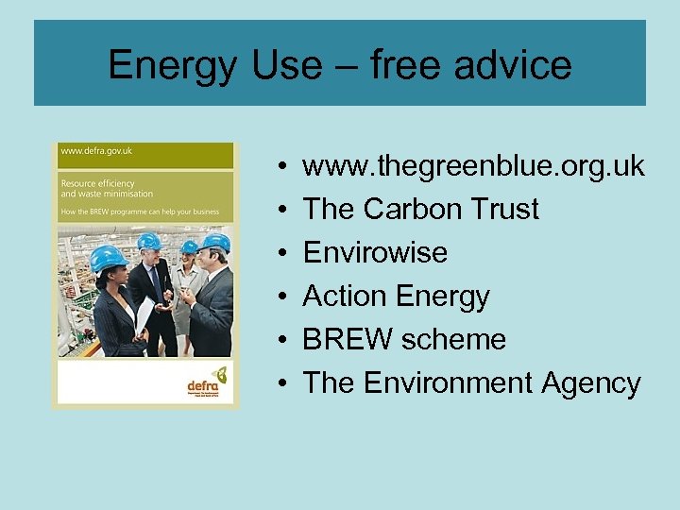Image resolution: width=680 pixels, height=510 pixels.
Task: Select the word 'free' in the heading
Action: coord(401,64)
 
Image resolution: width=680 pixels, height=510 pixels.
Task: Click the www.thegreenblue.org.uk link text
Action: coord(473,167)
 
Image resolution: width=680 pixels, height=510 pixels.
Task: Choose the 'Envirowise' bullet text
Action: coord(375,252)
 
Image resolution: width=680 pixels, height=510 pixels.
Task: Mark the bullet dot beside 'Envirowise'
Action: coord(284,253)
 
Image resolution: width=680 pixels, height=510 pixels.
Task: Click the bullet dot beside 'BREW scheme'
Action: coord(284,340)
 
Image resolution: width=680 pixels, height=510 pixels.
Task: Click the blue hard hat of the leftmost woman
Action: coord(109,256)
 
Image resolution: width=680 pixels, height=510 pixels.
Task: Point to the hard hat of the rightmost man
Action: coord(214,243)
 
